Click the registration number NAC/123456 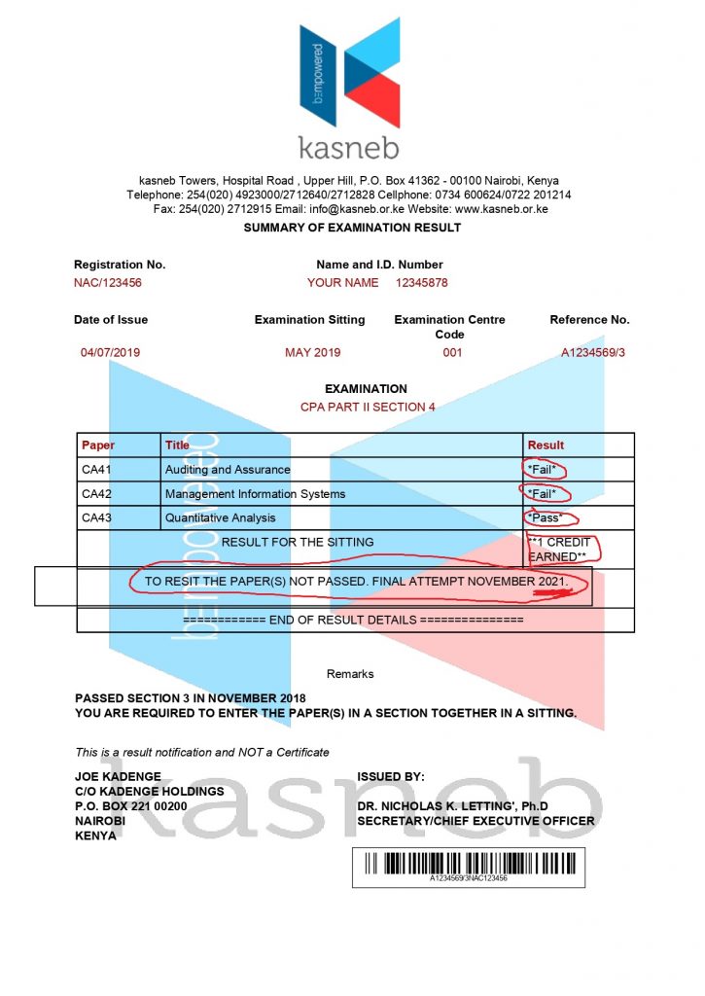click(x=108, y=283)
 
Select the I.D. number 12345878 click(x=422, y=283)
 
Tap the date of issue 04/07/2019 click(x=111, y=352)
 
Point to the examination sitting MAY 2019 click(x=312, y=352)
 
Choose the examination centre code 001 click(x=452, y=352)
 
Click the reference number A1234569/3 click(x=593, y=352)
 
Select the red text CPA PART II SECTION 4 click(x=368, y=407)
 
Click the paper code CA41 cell click(x=97, y=470)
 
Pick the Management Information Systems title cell click(x=255, y=494)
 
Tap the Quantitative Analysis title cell click(x=220, y=518)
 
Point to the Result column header click(x=546, y=445)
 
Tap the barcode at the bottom click(x=469, y=864)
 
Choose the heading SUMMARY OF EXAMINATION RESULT click(x=352, y=228)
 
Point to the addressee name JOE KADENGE click(x=118, y=777)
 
